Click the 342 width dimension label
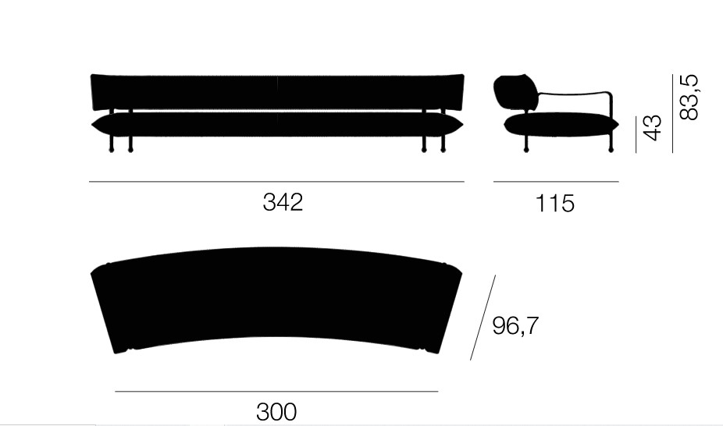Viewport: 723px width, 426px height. click(283, 202)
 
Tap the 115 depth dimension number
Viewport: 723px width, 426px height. click(554, 203)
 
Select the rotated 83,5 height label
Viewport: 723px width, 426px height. click(689, 98)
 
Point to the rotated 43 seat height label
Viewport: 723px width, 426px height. click(652, 128)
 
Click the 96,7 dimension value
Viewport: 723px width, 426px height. click(515, 325)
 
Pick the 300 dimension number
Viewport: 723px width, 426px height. click(276, 412)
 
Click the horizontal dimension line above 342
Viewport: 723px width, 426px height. click(276, 182)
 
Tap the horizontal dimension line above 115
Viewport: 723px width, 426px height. click(556, 182)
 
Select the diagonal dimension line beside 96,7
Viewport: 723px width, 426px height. click(483, 318)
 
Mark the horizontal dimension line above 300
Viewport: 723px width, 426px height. click(276, 392)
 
